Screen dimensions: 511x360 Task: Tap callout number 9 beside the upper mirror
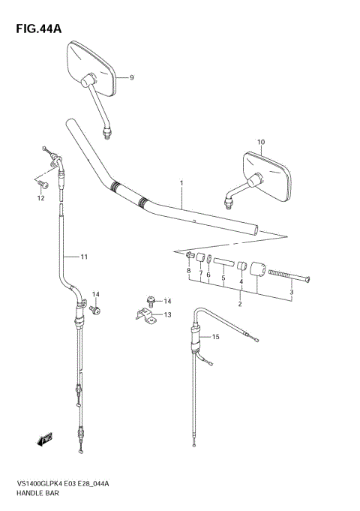(130, 77)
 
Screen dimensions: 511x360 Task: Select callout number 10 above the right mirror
(261, 142)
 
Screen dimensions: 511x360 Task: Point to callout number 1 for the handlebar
(181, 182)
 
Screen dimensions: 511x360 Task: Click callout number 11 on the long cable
(84, 257)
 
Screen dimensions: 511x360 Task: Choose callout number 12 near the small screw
(40, 198)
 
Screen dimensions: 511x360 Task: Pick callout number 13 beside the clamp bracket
(168, 314)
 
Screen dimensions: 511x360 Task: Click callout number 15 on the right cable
(216, 337)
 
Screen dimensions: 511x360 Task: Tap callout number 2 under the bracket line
(239, 304)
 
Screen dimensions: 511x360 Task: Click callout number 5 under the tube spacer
(223, 278)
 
